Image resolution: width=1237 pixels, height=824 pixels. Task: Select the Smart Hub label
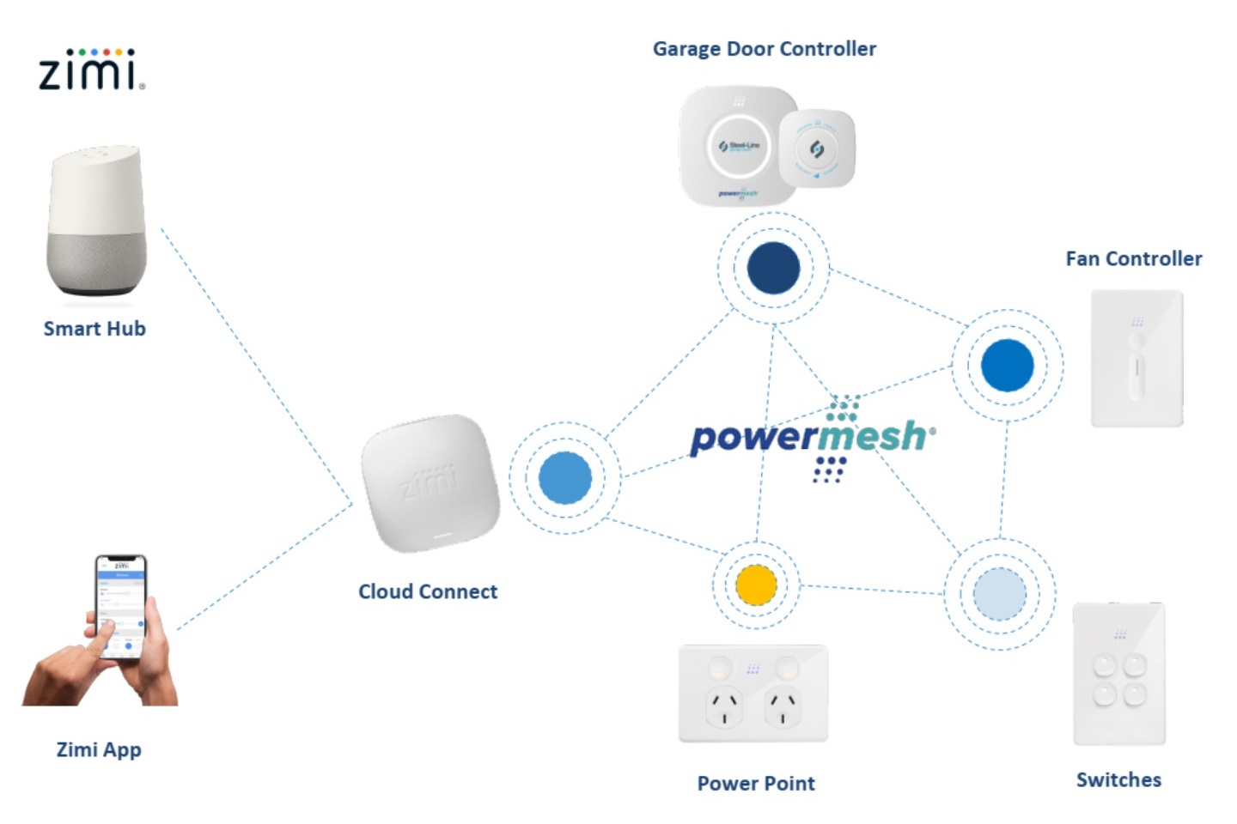pos(94,329)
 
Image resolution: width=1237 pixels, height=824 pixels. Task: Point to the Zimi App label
pos(99,749)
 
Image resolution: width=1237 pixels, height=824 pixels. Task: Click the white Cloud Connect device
pos(430,486)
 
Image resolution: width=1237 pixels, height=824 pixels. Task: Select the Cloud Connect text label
pos(428,591)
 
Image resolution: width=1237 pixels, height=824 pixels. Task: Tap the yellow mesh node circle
pos(756,585)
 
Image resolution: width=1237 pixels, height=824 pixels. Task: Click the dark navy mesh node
pos(773,268)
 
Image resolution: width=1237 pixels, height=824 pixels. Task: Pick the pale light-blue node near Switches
pos(999,593)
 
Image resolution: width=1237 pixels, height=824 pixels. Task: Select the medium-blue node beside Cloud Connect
pos(564,477)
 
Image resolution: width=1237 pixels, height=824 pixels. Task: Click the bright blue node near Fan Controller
pos(1007,365)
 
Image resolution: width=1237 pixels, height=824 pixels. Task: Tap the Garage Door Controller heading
pos(764,49)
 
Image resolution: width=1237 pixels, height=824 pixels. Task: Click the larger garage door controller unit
pos(736,147)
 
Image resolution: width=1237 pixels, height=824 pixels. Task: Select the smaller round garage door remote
pos(817,149)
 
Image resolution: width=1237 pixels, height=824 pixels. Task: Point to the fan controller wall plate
pos(1136,358)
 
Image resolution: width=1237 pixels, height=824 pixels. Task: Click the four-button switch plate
pos(1119,674)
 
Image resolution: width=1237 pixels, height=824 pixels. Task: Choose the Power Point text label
pos(756,783)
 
